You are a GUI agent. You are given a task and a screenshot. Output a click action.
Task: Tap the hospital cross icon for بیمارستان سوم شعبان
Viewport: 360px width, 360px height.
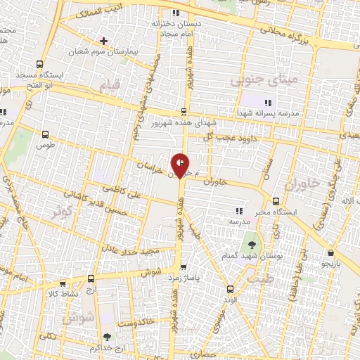(x=103, y=41)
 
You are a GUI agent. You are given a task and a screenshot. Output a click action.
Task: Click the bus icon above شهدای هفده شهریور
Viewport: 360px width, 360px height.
(x=184, y=110)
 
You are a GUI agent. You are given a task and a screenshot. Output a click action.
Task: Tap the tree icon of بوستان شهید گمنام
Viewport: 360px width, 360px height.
(x=252, y=245)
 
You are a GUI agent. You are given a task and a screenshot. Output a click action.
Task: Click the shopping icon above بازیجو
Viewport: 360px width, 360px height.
(x=330, y=252)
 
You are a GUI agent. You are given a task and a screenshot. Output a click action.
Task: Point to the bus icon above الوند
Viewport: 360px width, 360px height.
(x=230, y=289)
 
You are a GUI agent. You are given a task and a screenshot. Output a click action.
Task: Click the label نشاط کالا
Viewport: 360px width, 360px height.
(x=63, y=293)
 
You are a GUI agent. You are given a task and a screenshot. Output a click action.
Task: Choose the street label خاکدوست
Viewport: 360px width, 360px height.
(x=136, y=321)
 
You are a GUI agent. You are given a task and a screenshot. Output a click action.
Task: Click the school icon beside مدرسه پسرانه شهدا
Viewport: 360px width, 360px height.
(x=268, y=103)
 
